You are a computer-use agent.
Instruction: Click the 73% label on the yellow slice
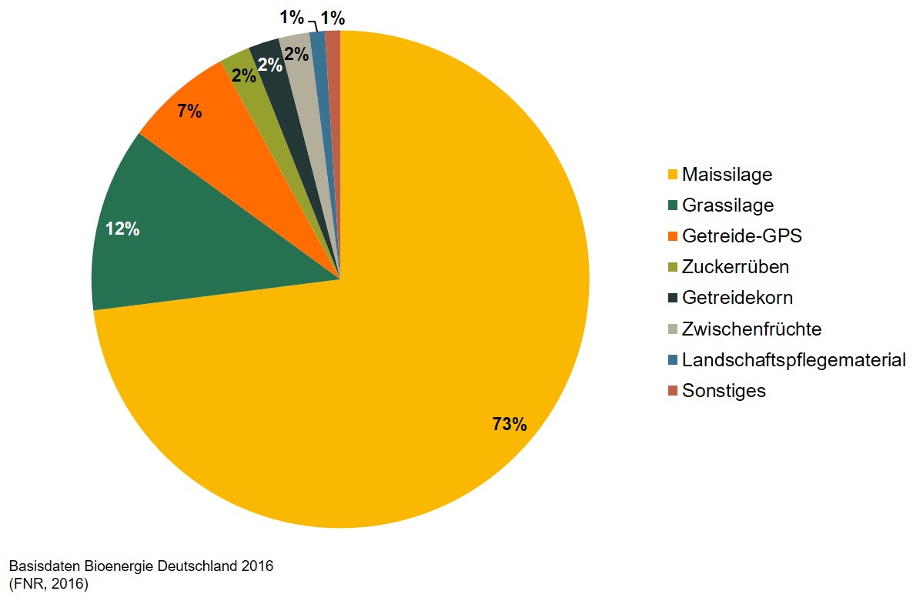510,424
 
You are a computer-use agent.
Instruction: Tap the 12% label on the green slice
122,229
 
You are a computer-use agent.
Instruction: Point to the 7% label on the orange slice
189,112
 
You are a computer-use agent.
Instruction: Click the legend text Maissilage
727,175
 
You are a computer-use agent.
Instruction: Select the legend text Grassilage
727,205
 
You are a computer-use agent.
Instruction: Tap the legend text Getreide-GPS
741,236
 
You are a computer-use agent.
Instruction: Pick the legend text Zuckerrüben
735,267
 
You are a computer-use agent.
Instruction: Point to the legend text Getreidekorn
737,298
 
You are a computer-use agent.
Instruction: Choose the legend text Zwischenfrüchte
751,329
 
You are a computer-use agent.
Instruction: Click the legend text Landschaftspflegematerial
793,360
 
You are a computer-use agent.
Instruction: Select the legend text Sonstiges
724,391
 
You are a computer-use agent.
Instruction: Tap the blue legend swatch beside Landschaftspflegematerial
672,360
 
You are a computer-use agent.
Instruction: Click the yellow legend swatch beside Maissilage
672,175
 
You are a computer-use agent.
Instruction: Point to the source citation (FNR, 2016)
48,584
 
